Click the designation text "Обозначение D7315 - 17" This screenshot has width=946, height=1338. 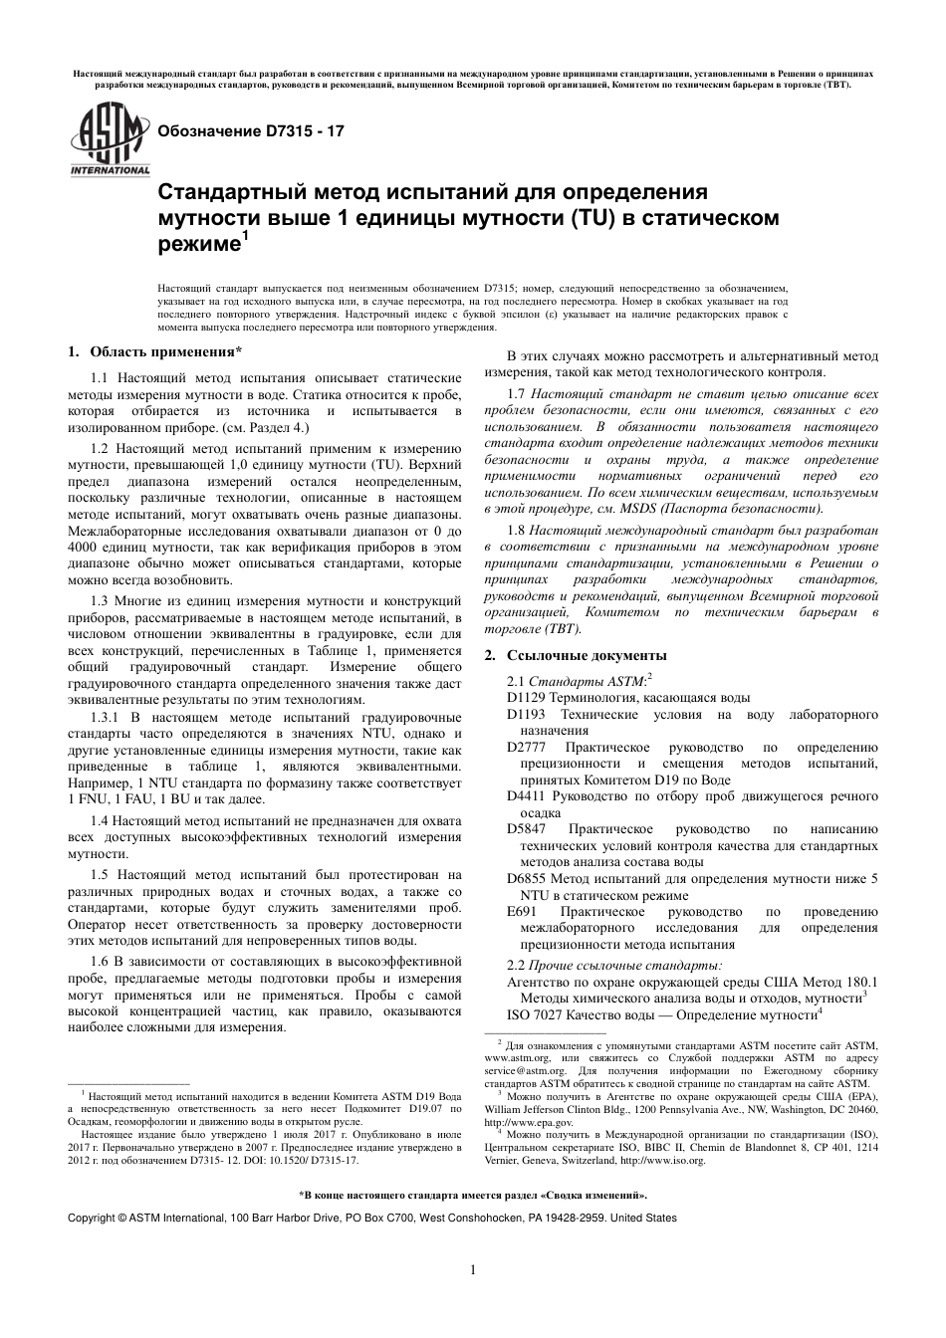[x=245, y=130]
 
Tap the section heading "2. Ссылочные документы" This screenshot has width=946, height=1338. [x=576, y=655]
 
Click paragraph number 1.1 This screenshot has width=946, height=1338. [x=100, y=378]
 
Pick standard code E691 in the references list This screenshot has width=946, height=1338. [x=521, y=911]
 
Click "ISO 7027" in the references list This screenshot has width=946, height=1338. [x=533, y=1014]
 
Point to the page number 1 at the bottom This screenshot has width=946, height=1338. [x=473, y=1268]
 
